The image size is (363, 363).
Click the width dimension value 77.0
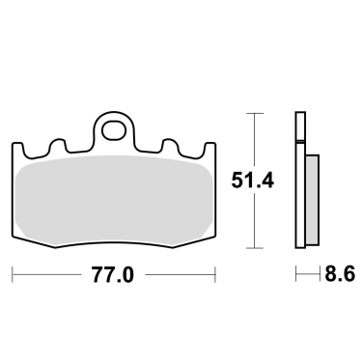[x=112, y=275]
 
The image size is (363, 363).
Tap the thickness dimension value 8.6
[x=339, y=275]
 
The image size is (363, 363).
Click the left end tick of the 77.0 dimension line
[x=13, y=275]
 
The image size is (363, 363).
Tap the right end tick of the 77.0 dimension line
[x=213, y=275]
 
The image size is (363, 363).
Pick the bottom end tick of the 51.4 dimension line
[x=254, y=248]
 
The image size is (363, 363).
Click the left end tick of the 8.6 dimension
[x=295, y=275]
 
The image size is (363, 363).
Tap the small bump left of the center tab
[x=59, y=144]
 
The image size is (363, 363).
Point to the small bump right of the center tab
[x=167, y=144]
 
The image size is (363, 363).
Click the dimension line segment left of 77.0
[x=48, y=275]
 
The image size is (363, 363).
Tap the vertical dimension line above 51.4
[x=254, y=140]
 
